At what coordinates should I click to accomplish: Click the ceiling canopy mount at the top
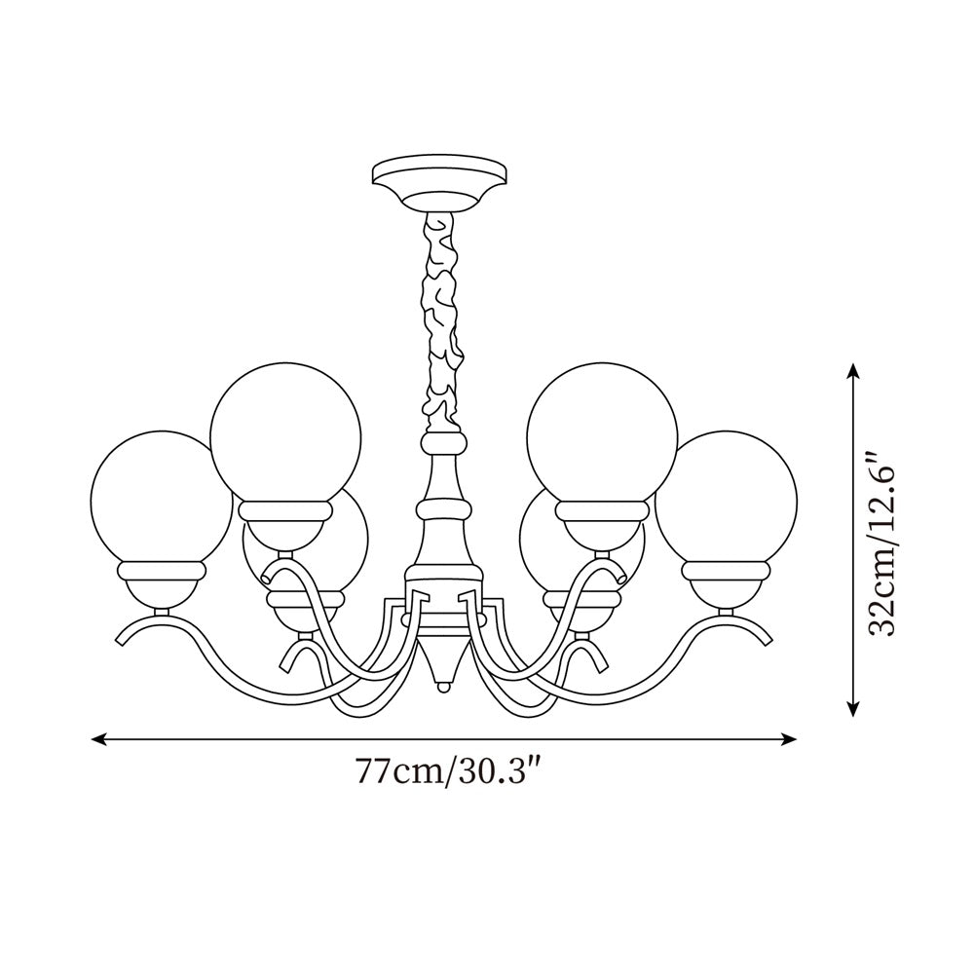click(439, 183)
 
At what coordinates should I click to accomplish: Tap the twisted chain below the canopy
click(442, 322)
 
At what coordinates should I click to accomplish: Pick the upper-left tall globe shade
click(285, 434)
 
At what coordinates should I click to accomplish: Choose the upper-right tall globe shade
click(601, 434)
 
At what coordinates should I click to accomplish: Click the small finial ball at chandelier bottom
click(443, 688)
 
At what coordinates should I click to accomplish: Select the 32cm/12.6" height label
click(882, 543)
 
